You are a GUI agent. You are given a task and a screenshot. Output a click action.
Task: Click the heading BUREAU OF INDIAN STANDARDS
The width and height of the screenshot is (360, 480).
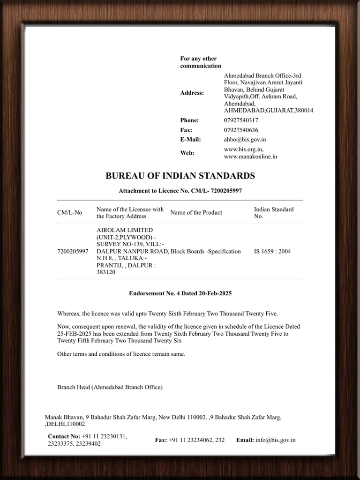pos(180,176)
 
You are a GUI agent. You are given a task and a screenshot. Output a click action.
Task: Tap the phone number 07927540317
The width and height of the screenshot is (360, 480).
pos(241,120)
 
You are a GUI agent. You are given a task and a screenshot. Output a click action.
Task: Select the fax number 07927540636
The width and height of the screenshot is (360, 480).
pos(241,130)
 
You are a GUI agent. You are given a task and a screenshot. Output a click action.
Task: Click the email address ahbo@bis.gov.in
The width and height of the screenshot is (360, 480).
pos(245,139)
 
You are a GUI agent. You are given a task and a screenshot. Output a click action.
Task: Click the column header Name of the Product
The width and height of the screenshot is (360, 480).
pos(196,212)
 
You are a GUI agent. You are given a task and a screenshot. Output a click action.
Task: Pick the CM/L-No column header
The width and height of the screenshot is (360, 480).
pos(69,212)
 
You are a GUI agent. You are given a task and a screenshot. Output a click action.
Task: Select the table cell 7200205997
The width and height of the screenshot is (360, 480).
pos(73,251)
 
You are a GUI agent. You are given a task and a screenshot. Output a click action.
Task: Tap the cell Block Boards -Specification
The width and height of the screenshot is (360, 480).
pos(205,251)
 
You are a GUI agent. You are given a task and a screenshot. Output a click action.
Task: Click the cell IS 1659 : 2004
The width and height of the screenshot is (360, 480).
pos(272,251)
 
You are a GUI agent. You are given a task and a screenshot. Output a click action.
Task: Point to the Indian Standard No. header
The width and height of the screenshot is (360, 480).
pos(273,213)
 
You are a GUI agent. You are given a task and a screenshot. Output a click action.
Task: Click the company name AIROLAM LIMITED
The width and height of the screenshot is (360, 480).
pos(125,230)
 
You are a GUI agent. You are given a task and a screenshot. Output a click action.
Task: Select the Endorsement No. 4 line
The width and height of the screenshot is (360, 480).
pos(180,293)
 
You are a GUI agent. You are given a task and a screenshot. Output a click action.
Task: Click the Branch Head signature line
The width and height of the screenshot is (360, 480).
pos(110,387)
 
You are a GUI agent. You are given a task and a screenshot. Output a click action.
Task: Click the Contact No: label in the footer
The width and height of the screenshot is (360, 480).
pos(64,436)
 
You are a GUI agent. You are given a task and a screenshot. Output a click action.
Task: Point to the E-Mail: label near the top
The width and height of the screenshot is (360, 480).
pos(190,139)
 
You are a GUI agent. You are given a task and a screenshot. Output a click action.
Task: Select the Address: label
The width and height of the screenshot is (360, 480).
pos(192,93)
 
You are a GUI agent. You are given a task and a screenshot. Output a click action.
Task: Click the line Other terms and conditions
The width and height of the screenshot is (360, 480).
pos(121,354)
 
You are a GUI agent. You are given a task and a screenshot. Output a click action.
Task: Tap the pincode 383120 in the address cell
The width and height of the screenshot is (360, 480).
pos(106,272)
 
